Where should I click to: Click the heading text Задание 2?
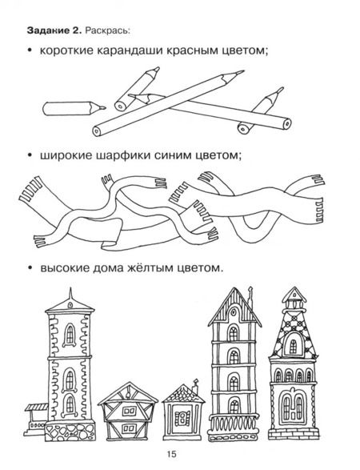54,30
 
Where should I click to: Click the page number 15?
172,454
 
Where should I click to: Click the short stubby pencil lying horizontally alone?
74,108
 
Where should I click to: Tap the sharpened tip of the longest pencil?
243,71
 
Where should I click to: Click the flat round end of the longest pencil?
97,131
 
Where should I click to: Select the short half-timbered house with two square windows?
128,412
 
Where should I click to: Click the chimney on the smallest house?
195,386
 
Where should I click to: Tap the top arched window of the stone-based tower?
70,335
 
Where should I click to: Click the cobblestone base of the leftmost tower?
70,432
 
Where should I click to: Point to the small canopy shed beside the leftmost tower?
35,420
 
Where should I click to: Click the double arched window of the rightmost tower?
293,406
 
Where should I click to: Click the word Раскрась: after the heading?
107,30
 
